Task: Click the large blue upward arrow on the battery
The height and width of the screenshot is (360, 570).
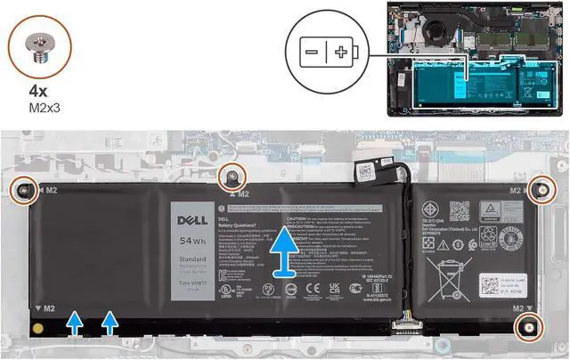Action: pyautogui.click(x=283, y=253)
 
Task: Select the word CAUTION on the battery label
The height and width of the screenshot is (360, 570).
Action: pyautogui.click(x=297, y=217)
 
